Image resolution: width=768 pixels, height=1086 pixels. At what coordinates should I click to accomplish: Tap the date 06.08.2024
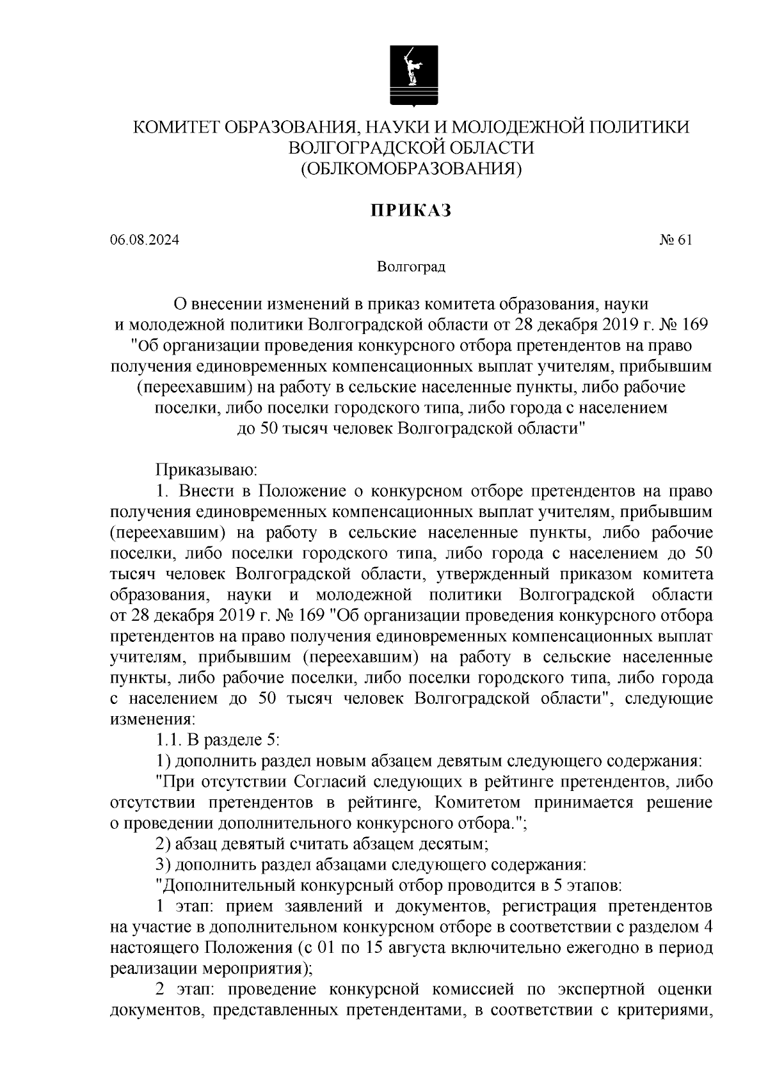coord(145,241)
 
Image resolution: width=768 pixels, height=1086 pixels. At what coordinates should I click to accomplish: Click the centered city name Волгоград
coord(411,266)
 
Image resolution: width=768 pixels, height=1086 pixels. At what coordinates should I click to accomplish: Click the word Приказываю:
coord(206,471)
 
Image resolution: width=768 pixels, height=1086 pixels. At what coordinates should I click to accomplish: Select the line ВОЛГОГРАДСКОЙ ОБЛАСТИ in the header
coord(412,148)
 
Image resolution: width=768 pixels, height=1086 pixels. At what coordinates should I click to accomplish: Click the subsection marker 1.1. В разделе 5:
coord(218,740)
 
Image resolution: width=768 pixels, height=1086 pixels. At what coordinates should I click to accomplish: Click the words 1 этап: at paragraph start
coord(184,907)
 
